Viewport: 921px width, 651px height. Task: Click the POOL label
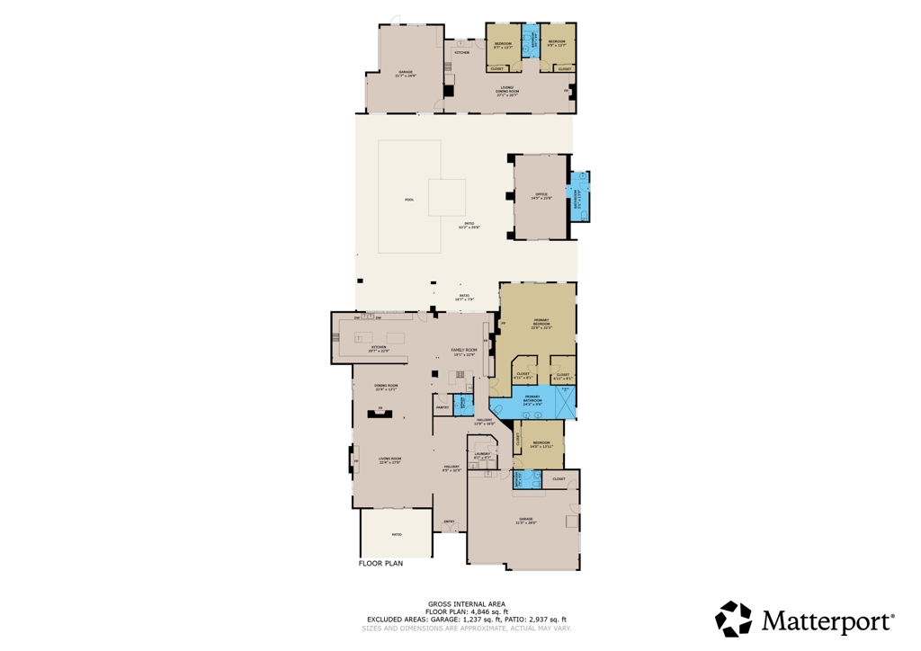409,200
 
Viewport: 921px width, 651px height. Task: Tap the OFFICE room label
541,195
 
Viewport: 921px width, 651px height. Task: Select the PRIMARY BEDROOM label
541,325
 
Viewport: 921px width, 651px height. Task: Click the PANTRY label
442,408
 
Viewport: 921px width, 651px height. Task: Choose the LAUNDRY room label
482,455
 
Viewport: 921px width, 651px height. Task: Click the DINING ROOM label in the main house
387,388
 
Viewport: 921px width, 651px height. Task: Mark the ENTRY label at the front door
449,522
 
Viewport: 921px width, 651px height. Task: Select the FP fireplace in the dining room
380,412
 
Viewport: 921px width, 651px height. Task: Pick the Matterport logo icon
733,620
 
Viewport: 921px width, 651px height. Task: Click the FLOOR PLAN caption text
380,564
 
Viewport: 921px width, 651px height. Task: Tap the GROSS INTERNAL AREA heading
466,603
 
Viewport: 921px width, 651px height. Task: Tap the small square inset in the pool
447,197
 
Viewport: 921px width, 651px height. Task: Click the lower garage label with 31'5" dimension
525,521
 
